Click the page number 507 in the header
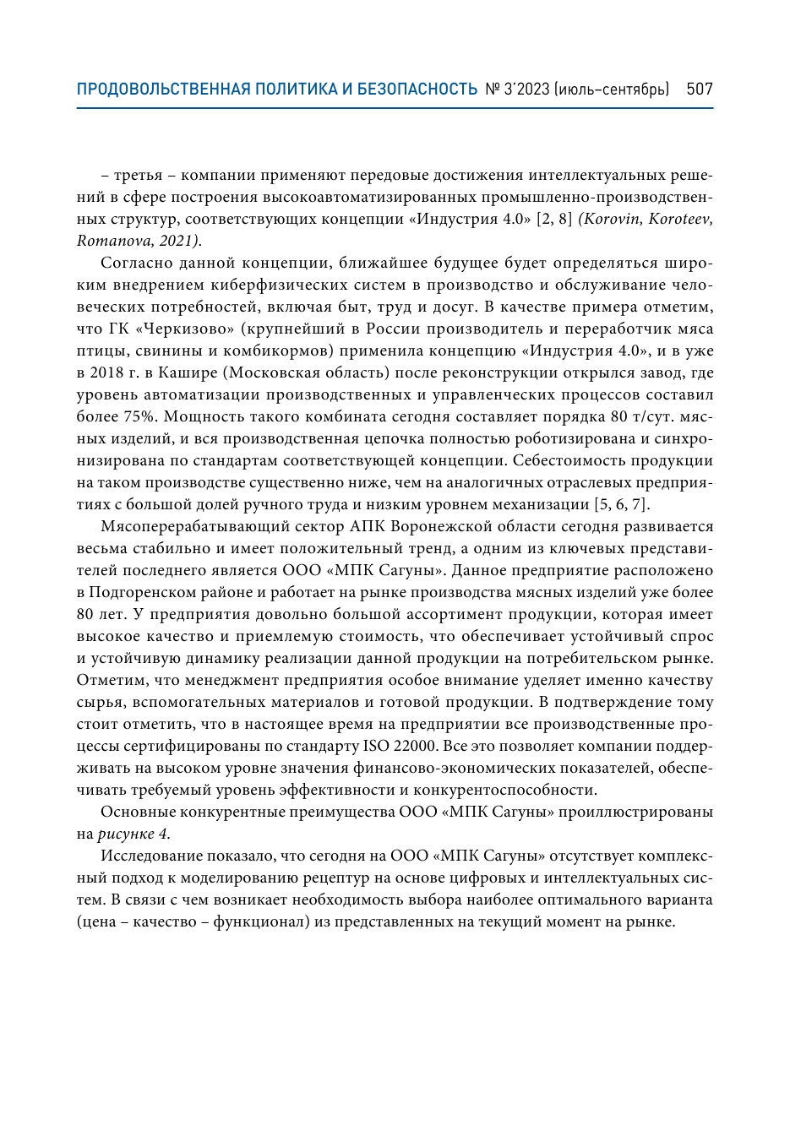click(x=699, y=89)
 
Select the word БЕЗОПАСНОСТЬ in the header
click(x=417, y=89)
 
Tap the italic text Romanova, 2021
click(x=138, y=241)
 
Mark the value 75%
click(x=139, y=416)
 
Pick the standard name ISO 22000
click(x=400, y=746)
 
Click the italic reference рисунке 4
click(x=133, y=834)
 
